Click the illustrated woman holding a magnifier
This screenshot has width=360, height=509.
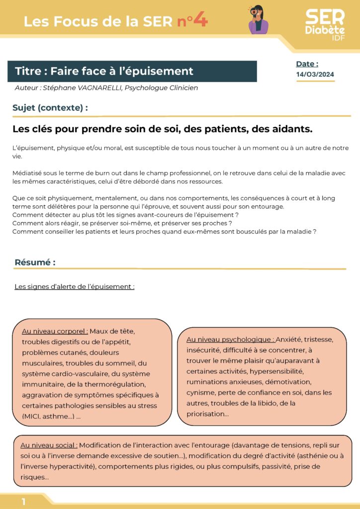[258, 20]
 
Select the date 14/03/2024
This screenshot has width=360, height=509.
[315, 75]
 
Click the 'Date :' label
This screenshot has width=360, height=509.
[307, 64]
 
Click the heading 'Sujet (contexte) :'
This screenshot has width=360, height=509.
[50, 107]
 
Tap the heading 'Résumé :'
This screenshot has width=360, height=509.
[35, 262]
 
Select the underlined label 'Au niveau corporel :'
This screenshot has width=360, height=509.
[55, 332]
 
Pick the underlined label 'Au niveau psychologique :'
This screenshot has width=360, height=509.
[231, 339]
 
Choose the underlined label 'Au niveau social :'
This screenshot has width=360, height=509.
[49, 445]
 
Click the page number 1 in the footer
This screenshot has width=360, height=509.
[23, 502]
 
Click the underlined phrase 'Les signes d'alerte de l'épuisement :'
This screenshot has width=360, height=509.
[74, 287]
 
